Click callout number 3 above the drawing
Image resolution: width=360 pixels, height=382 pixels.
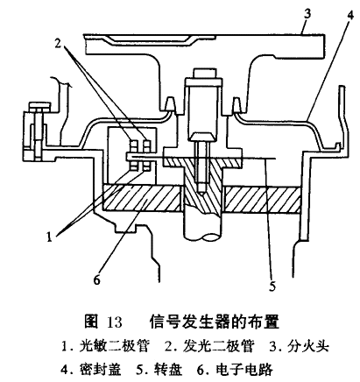tap(307, 14)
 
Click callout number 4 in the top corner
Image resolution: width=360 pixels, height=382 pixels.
tap(350, 14)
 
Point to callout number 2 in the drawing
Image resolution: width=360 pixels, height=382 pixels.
tap(58, 43)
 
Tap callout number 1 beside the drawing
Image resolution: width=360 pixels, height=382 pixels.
tap(49, 237)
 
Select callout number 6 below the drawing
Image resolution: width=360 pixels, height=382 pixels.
tap(96, 279)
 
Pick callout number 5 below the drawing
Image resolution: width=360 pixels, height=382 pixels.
tap(272, 286)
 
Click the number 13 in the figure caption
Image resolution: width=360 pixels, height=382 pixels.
tap(115, 322)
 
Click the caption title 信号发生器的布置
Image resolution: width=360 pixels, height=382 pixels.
tap(215, 322)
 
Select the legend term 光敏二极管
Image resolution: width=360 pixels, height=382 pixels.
tap(114, 346)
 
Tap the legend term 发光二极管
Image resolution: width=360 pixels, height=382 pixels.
tap(218, 346)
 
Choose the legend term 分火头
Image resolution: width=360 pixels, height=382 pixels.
tap(308, 346)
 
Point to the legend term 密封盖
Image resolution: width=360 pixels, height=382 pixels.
tap(100, 369)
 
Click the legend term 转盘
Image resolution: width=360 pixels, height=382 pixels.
tap(168, 369)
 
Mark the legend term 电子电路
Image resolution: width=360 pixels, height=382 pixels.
tap(244, 369)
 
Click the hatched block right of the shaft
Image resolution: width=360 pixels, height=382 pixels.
tap(262, 200)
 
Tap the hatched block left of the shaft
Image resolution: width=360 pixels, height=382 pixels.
tap(143, 198)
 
